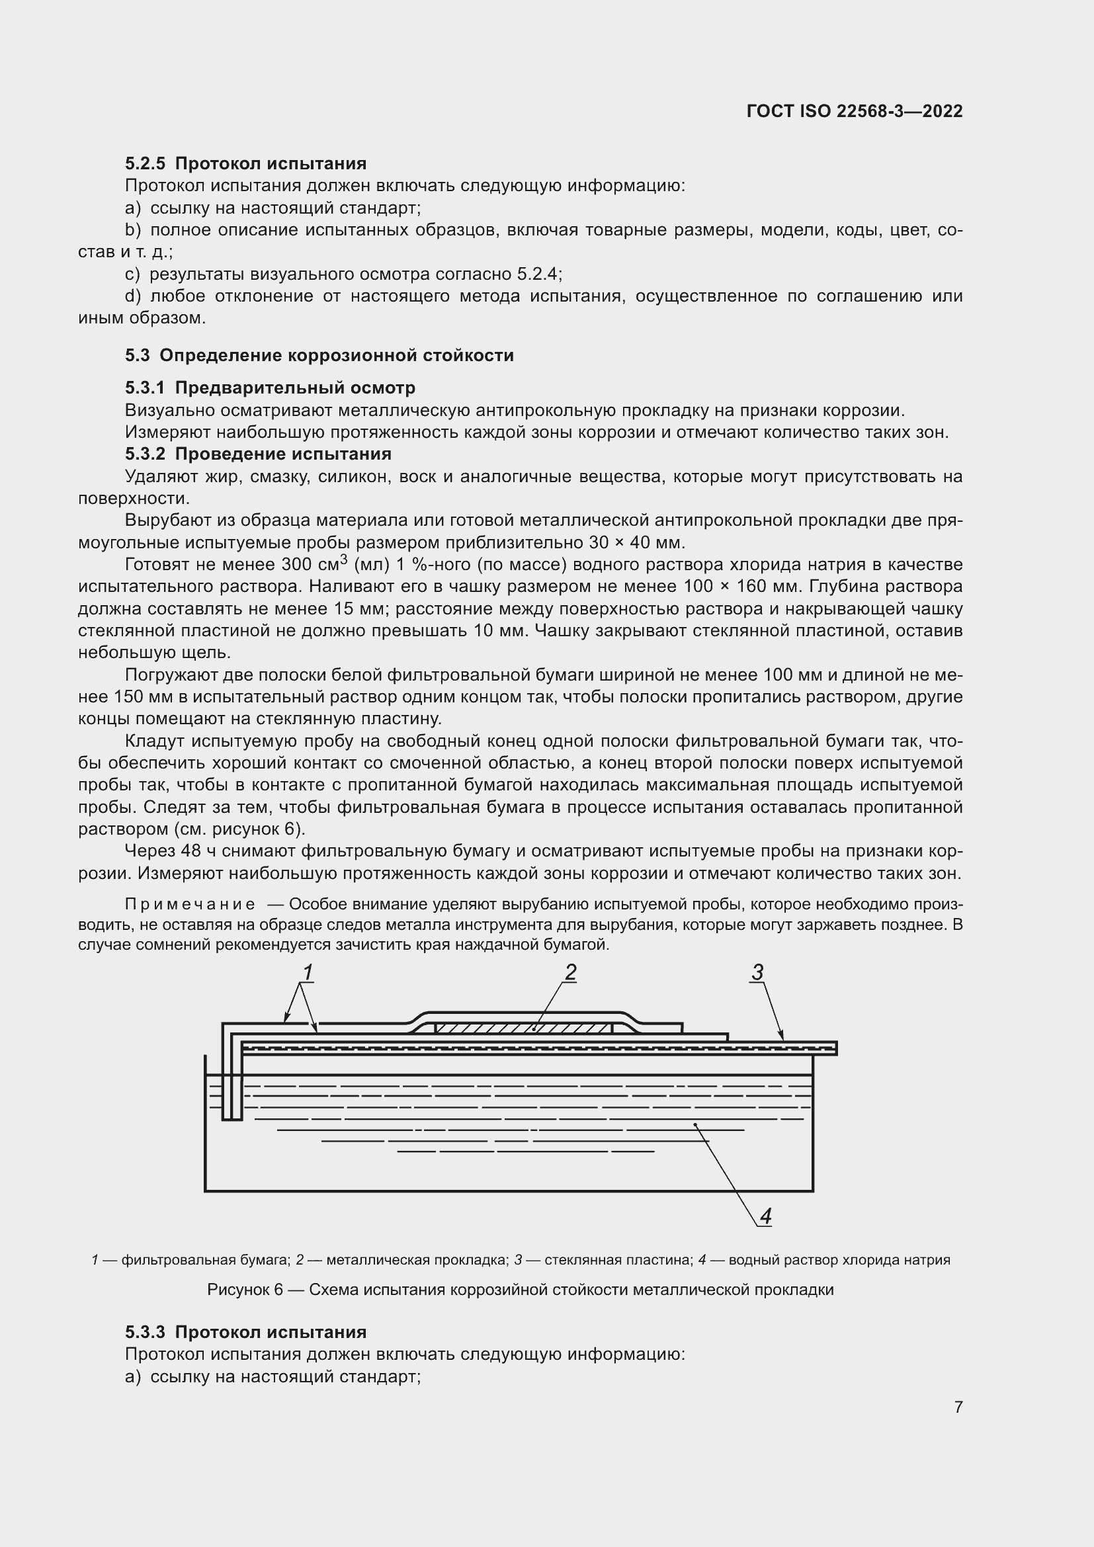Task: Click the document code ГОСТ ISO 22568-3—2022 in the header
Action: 854,111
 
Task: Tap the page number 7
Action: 958,1407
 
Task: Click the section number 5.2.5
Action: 145,164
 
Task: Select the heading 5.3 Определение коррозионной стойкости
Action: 319,355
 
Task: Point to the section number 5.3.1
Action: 145,388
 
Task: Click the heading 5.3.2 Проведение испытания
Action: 258,454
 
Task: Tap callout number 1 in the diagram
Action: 307,973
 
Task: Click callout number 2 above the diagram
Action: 570,972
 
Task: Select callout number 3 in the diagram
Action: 757,972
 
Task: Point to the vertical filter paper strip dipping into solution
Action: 231,1085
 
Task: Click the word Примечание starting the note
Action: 190,904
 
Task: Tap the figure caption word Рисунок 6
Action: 245,1290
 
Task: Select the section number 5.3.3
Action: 145,1332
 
